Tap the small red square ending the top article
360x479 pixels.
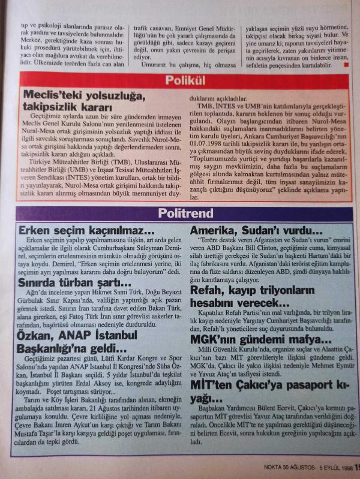tap(347, 65)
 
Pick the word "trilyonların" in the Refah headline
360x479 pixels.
tap(292, 290)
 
